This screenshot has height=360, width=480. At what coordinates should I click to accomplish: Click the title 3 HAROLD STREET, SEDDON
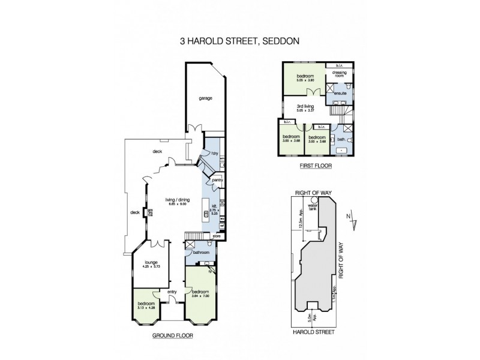click(240, 42)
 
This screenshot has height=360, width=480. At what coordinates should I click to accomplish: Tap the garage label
click(205, 98)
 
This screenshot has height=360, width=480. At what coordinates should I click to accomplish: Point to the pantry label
click(217, 179)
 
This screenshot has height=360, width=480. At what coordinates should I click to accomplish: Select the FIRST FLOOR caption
click(311, 166)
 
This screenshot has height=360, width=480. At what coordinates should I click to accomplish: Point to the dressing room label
click(340, 76)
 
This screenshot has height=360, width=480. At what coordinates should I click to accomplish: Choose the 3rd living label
click(306, 106)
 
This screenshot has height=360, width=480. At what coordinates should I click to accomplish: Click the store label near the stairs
click(216, 237)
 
